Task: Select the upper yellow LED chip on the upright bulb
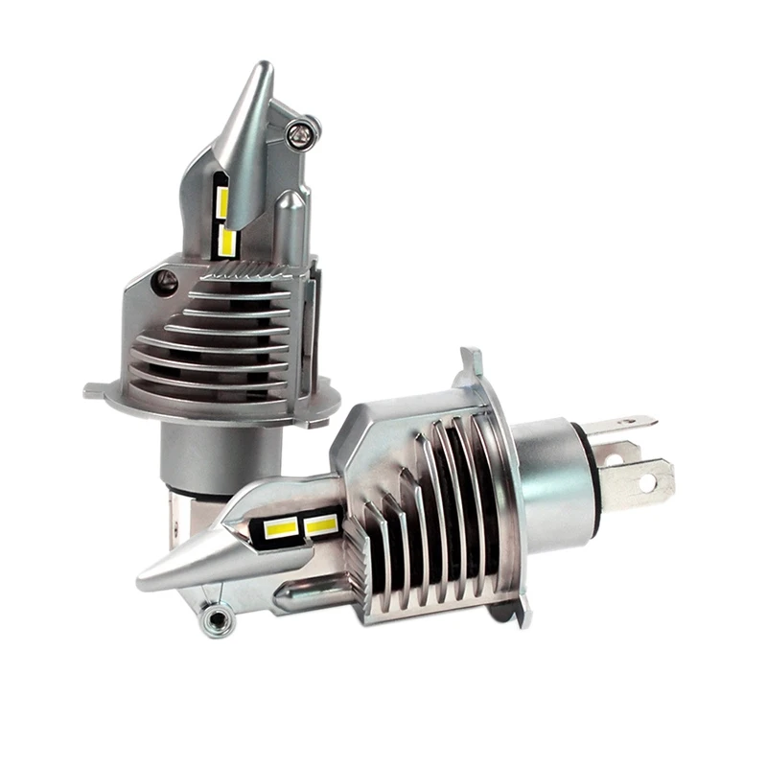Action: (221, 201)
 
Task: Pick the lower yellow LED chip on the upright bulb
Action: (227, 240)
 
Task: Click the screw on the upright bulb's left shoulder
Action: (166, 282)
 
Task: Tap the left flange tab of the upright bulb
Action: (97, 390)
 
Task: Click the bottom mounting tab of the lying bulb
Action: (522, 614)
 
